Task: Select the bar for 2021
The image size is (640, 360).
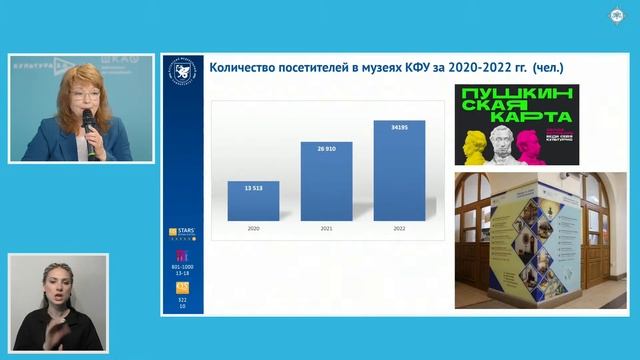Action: coord(326,181)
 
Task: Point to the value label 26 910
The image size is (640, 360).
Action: coord(326,148)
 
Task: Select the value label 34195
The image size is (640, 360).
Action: coord(398,127)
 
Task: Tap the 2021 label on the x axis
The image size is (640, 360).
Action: coord(326,229)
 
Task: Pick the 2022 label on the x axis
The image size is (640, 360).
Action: coord(398,229)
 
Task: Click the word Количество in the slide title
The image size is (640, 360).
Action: coord(241,69)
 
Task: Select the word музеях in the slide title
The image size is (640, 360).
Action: coord(380,69)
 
